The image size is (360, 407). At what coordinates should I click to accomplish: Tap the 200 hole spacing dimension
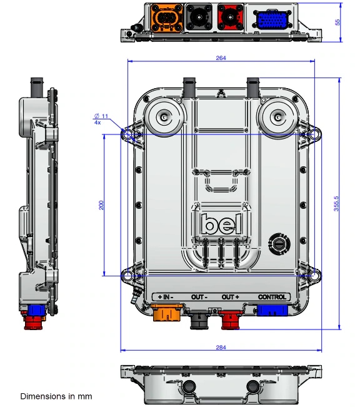coord(101,204)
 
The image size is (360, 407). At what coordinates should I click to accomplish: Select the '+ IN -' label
coord(166,297)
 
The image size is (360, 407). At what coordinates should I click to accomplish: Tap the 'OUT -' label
coord(200,297)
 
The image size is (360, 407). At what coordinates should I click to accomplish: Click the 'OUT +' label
coord(231,297)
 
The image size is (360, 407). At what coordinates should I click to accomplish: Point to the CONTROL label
coord(272,297)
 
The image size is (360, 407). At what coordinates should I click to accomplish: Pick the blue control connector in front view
coord(272,310)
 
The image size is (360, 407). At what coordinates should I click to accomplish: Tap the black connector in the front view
coord(200,318)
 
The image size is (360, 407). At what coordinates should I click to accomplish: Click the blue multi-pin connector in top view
coord(271,21)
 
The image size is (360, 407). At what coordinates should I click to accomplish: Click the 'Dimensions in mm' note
coord(56,396)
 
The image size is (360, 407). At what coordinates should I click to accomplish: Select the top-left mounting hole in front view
coord(127,134)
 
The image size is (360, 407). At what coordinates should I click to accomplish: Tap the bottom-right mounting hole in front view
coord(312,274)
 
